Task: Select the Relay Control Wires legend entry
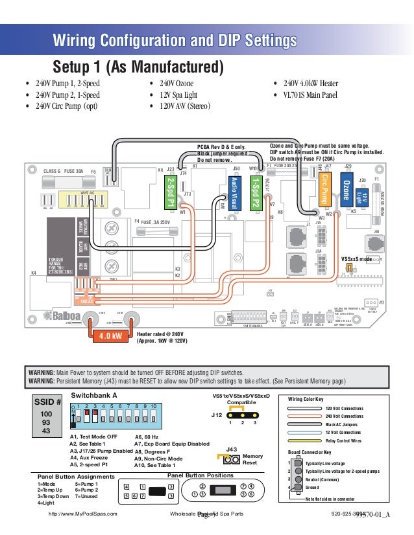[x=343, y=440]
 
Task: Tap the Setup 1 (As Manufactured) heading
[x=138, y=67]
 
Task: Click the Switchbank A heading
[x=93, y=394]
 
